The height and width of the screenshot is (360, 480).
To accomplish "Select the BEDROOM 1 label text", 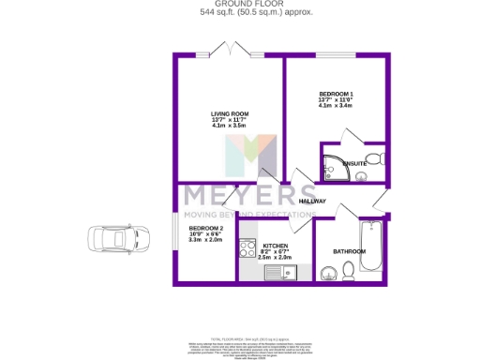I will pos(336,94).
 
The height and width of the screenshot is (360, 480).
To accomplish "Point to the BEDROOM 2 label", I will pos(206,229).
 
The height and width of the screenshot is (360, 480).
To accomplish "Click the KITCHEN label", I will pos(275,246).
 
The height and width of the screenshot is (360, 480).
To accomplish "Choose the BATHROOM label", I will pos(349,251).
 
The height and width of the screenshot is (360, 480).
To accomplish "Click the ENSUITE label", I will pos(353,164).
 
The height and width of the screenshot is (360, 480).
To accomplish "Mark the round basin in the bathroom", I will pos(327,273).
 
